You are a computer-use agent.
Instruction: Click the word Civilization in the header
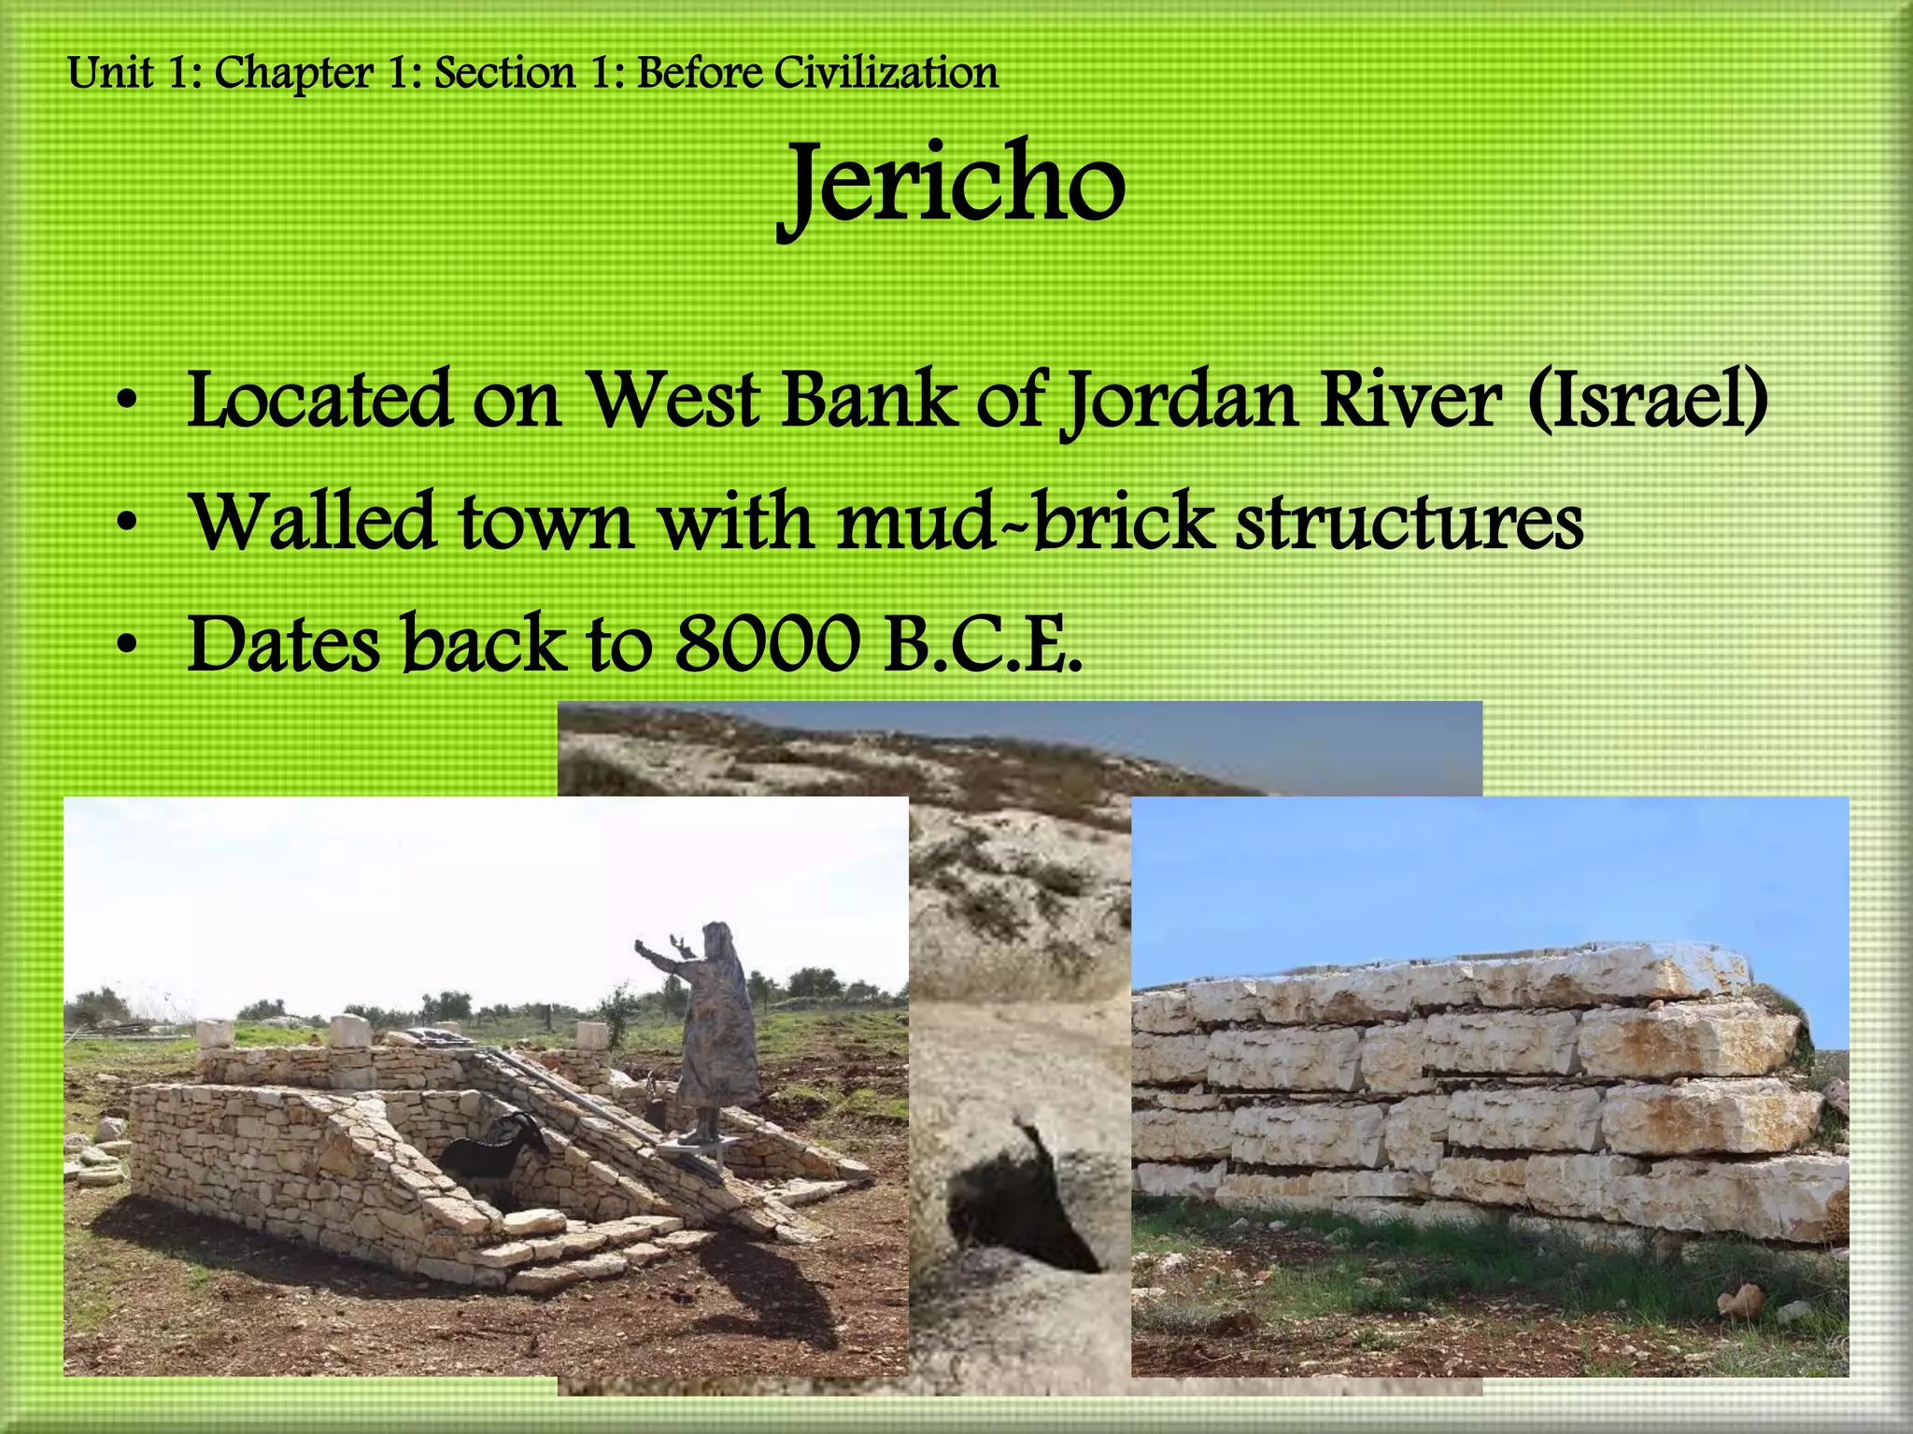[886, 73]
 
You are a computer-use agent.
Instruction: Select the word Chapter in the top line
[294, 74]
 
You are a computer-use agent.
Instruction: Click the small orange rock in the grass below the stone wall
[1740, 1299]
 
